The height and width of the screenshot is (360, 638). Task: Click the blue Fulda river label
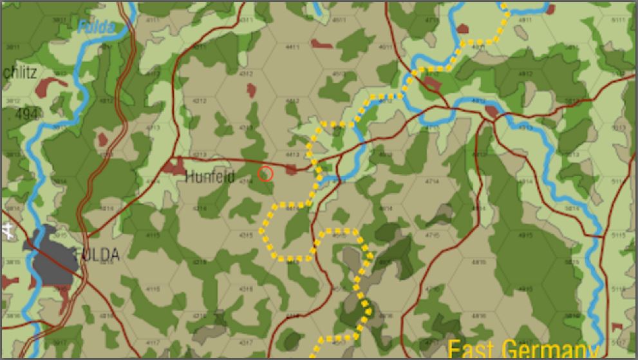[x=97, y=27]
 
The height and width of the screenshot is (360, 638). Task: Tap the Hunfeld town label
[x=210, y=176]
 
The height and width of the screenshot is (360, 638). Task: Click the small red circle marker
[x=265, y=173]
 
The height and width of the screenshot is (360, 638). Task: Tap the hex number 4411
[x=292, y=48]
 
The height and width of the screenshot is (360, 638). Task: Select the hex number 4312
[x=247, y=74]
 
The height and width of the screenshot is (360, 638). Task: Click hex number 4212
[x=200, y=101]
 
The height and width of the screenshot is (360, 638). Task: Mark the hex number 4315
[x=247, y=236]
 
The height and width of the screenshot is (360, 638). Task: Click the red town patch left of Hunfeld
[x=173, y=167]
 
